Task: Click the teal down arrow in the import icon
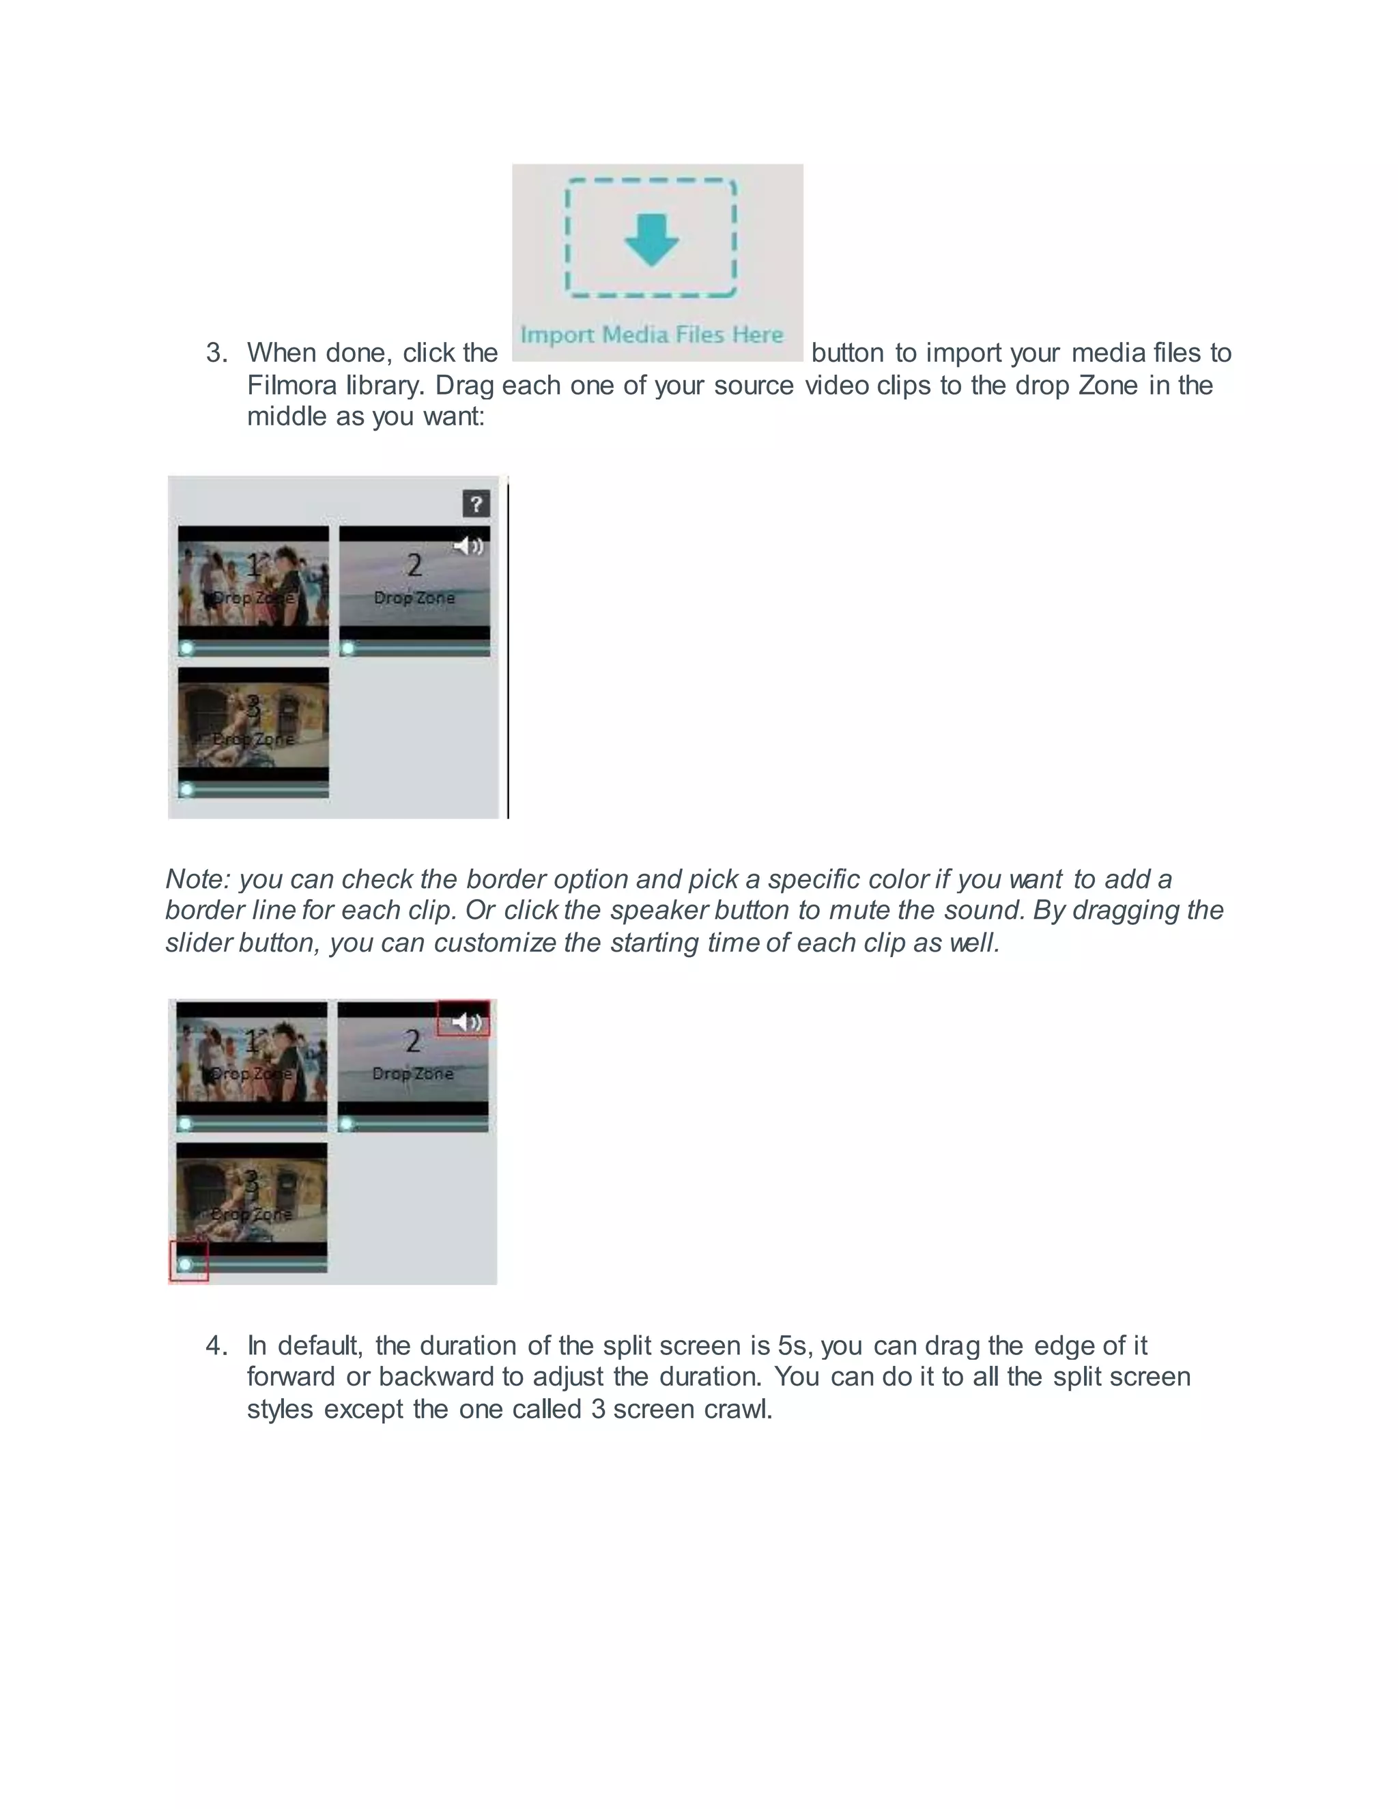point(651,238)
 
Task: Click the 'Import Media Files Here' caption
point(651,334)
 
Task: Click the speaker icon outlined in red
point(466,1022)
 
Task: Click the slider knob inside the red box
point(186,1264)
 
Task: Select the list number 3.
point(217,354)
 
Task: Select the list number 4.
point(217,1345)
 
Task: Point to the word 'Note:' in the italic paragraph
point(198,879)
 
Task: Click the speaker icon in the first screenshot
point(468,545)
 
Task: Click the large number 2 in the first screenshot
point(414,566)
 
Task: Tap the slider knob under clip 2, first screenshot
point(349,649)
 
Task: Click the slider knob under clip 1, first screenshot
point(187,649)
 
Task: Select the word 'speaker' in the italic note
point(659,910)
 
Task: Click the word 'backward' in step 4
point(436,1377)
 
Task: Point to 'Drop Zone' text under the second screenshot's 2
point(412,1074)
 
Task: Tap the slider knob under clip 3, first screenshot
point(187,789)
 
